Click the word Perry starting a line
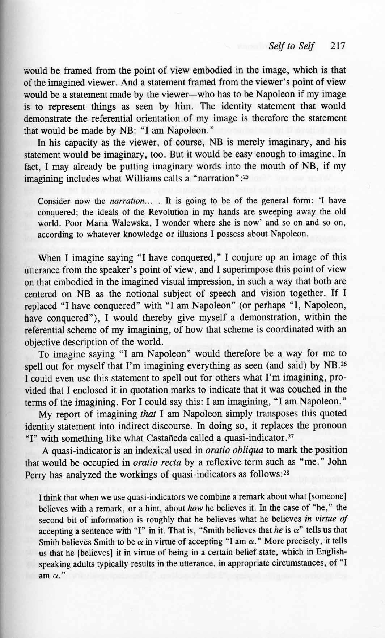coord(34,475)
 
